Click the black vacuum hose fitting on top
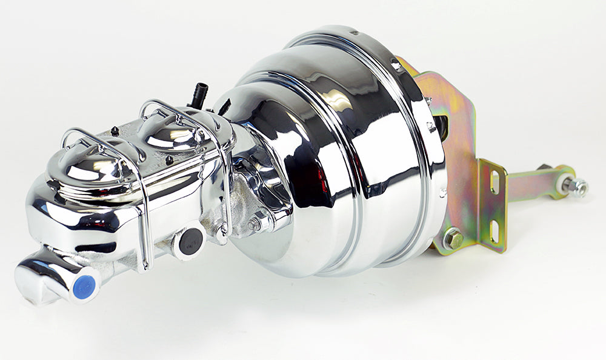point(199,95)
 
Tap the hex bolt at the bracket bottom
point(452,238)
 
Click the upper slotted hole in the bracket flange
point(493,182)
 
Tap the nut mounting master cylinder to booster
point(254,224)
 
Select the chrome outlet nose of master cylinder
point(45,278)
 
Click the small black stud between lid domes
point(115,130)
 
